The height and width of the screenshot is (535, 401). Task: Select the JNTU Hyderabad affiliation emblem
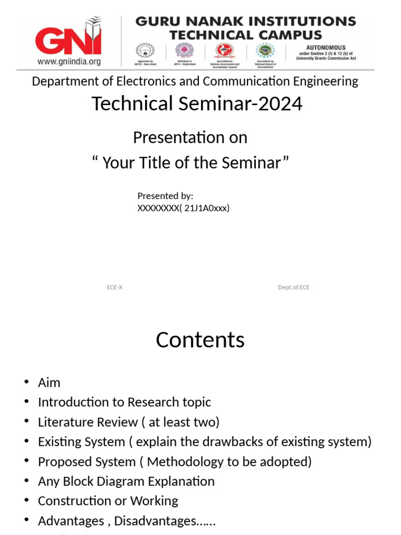point(183,51)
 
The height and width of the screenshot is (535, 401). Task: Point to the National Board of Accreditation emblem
point(265,51)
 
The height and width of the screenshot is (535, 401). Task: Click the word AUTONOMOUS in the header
point(325,48)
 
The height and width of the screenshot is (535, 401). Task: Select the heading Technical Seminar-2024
point(197,104)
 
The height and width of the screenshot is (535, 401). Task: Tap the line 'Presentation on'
point(190,137)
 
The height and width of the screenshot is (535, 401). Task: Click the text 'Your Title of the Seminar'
point(191,163)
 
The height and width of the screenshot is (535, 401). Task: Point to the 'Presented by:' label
point(165,196)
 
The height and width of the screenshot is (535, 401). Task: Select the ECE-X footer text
point(114,287)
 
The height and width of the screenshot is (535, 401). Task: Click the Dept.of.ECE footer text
point(293,287)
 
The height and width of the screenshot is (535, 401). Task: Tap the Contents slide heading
point(200,340)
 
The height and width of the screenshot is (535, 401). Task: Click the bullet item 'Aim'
point(49,383)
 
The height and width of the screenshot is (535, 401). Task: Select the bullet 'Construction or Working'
point(108,501)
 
